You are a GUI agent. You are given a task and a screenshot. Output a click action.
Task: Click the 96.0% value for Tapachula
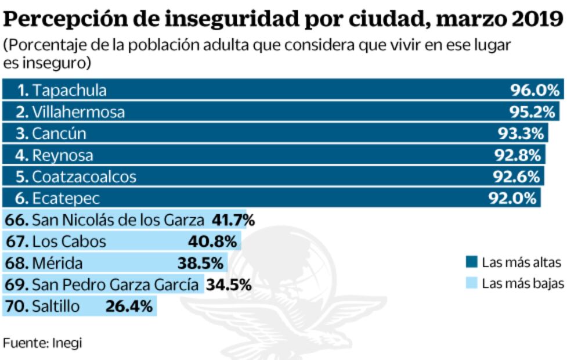[535, 90]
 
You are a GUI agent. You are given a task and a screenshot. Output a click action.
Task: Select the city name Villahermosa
[78, 111]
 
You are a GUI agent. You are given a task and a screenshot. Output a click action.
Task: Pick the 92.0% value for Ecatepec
[511, 199]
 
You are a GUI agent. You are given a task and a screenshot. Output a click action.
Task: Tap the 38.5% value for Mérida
[200, 263]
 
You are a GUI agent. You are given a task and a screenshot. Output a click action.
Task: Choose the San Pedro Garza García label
[115, 285]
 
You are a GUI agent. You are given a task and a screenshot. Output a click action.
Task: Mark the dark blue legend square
[471, 262]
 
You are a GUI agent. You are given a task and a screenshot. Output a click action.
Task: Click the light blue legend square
[471, 283]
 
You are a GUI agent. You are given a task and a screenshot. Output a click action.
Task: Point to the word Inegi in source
[68, 343]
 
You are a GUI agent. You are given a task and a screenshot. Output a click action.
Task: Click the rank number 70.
[16, 306]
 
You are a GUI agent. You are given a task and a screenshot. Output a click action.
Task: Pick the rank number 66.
[16, 220]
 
